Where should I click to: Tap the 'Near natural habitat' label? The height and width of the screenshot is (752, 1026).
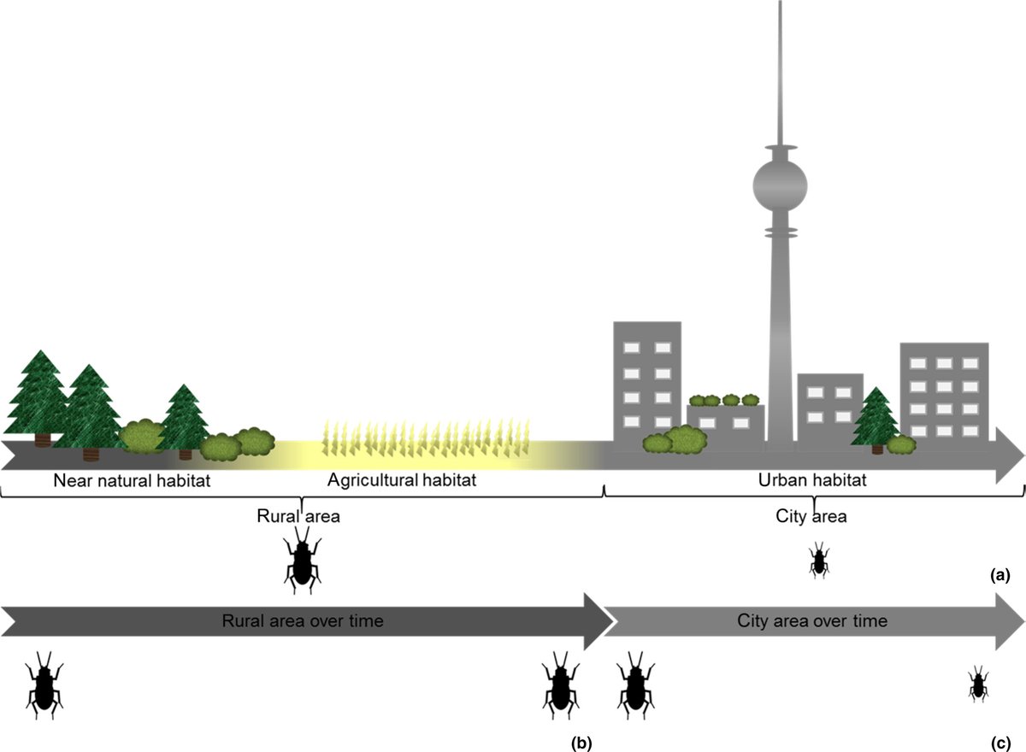click(132, 481)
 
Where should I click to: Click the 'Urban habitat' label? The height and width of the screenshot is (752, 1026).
click(812, 481)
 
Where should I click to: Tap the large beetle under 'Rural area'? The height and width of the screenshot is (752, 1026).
click(303, 561)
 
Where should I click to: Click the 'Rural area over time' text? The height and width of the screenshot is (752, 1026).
click(303, 620)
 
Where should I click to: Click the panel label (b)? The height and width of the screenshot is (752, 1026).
click(581, 742)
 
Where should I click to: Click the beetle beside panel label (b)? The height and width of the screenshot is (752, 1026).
click(560, 683)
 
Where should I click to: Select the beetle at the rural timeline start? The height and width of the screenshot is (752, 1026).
click(45, 683)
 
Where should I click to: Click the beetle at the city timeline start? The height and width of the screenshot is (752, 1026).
click(634, 683)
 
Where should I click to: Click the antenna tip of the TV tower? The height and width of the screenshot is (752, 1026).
click(780, 3)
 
